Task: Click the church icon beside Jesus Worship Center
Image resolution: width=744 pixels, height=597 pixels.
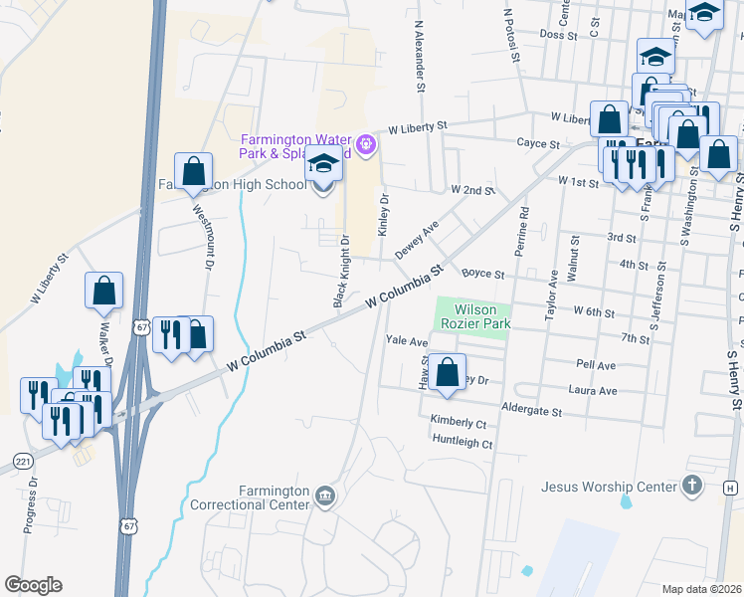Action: (x=693, y=486)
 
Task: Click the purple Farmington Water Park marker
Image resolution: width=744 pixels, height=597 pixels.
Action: (x=366, y=146)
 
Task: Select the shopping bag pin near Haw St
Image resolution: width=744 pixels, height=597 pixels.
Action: (x=449, y=373)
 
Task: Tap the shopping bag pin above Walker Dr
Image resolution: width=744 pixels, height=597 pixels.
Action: (x=104, y=291)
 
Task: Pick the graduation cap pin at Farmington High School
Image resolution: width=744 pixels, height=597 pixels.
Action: (x=323, y=164)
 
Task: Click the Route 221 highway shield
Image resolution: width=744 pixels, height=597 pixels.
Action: (x=23, y=463)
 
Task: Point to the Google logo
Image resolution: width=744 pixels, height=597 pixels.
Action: (x=33, y=585)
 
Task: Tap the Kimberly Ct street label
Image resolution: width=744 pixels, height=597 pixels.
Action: (x=458, y=423)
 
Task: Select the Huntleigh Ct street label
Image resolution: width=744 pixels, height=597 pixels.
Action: (x=461, y=444)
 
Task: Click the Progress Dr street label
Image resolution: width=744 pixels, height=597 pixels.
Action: (x=31, y=506)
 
